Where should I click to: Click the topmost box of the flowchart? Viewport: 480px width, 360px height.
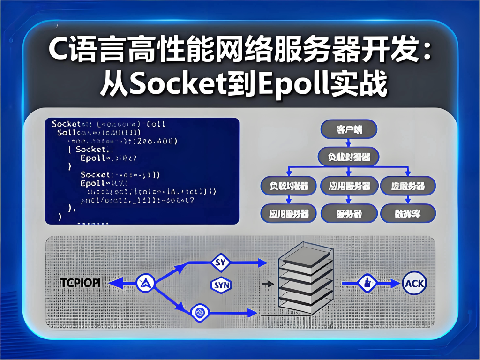point(348,130)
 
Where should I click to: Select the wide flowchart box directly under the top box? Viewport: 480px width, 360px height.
point(348,157)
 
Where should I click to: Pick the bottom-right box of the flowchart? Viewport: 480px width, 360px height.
point(407,213)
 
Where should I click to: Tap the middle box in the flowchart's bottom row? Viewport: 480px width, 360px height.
point(348,213)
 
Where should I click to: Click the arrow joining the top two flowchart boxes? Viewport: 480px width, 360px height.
point(348,143)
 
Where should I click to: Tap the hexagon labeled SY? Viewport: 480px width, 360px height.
point(220,262)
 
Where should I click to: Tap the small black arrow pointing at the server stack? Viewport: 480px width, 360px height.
point(268,284)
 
